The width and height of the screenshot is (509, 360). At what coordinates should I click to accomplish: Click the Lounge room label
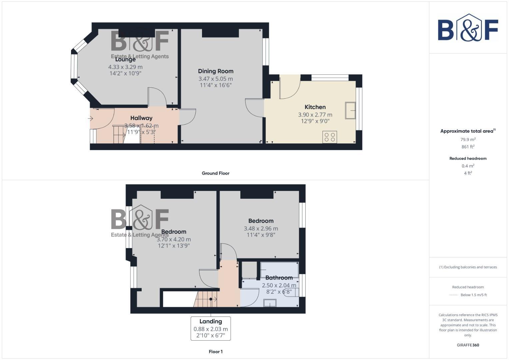(125, 60)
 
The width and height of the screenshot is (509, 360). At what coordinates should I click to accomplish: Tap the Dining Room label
(216, 71)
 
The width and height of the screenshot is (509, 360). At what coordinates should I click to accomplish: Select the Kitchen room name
(315, 107)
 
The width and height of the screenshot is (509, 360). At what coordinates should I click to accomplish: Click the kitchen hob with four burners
(330, 137)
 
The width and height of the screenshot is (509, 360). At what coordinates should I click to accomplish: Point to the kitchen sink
(350, 110)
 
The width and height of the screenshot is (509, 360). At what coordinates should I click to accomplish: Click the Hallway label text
(141, 118)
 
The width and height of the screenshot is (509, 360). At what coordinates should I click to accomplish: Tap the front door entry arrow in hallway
(90, 118)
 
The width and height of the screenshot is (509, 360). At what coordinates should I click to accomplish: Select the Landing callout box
(211, 328)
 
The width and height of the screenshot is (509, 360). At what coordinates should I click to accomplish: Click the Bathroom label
(279, 278)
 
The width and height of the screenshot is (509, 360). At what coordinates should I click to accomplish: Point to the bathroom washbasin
(270, 303)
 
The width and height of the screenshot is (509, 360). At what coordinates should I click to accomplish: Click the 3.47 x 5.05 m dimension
(216, 79)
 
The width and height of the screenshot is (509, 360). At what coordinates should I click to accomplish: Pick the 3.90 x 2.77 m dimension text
(315, 115)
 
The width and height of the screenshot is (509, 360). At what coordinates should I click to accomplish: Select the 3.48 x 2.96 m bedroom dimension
(261, 229)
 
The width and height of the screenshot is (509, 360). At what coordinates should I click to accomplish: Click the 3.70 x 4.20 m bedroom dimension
(174, 239)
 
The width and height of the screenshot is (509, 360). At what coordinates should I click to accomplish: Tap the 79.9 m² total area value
(468, 140)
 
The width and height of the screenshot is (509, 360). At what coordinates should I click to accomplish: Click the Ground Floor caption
(215, 173)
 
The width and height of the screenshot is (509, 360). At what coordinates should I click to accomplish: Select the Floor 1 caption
(215, 352)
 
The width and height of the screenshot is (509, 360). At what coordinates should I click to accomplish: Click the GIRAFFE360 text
(468, 345)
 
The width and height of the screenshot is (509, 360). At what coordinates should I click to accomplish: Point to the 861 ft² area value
(468, 147)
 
